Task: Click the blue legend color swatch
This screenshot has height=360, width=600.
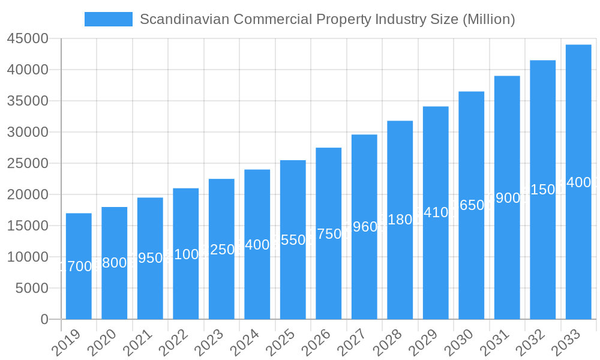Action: tap(109, 19)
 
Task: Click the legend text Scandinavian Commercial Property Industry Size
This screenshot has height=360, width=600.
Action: tap(327, 19)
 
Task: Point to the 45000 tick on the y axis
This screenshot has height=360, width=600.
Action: tap(28, 39)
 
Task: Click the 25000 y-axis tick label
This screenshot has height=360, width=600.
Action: tap(28, 163)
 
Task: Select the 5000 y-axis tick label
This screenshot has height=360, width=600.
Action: tap(31, 288)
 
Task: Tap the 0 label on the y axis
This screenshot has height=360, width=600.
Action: tap(44, 319)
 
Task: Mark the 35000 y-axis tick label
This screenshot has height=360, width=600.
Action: tap(28, 101)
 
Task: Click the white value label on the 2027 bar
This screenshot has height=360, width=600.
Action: tap(364, 227)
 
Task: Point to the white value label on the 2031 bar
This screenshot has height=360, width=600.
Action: tap(507, 198)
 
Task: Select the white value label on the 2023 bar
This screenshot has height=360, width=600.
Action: tap(221, 250)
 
